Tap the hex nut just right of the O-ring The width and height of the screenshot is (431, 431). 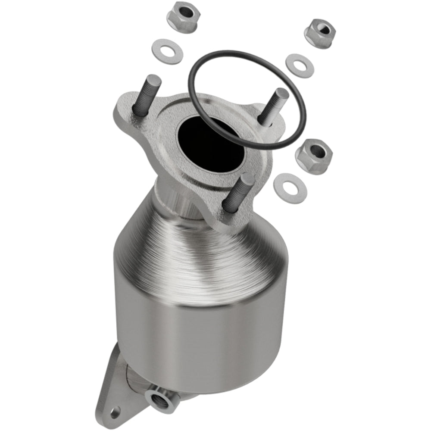(x=314, y=154)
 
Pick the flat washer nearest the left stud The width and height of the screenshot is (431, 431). (x=167, y=51)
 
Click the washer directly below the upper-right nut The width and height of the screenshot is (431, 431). (x=300, y=66)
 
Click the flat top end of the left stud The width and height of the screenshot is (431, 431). (x=153, y=79)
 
